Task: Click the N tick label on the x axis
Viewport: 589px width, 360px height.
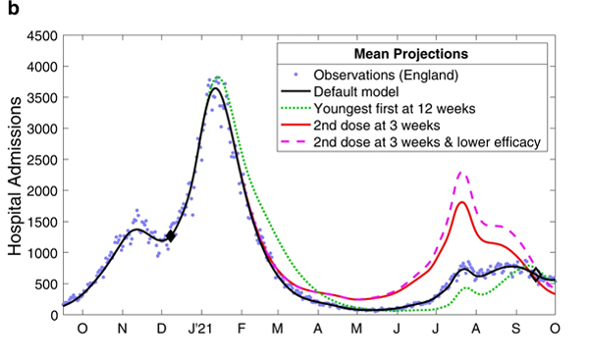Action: [x=122, y=329]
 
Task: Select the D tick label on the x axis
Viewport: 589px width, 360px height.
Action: [x=161, y=329]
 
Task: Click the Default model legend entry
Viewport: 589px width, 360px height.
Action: [x=363, y=91]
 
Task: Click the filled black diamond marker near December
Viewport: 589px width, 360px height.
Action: [x=170, y=235]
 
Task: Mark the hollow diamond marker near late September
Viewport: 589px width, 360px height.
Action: [x=536, y=274]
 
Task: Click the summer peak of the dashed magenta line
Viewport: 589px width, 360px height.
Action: [x=461, y=173]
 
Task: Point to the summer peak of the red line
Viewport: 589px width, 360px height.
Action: [x=461, y=203]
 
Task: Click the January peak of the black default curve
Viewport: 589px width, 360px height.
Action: [x=214, y=88]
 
